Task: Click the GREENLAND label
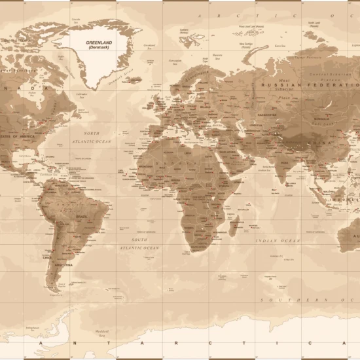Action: pos(100,42)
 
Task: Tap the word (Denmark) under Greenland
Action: pos(100,47)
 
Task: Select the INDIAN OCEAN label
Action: pos(278,241)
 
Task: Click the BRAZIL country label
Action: pos(82,216)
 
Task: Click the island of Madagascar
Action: pos(235,226)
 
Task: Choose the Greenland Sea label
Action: pos(150,46)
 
